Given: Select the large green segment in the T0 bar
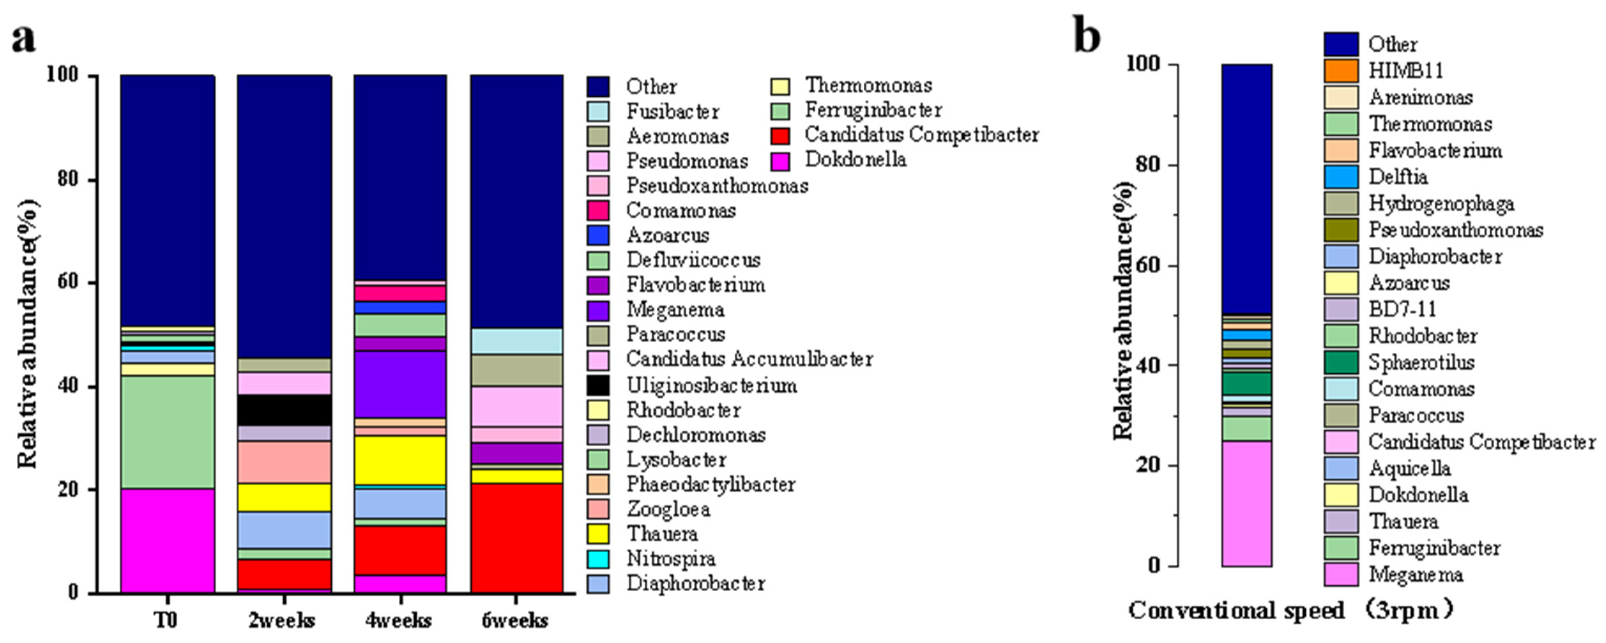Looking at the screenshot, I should click(167, 432).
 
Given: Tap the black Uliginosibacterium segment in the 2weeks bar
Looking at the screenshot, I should click(284, 410).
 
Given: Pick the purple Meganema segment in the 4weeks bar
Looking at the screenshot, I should click(400, 384).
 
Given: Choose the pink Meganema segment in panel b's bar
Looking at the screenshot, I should click(1246, 504).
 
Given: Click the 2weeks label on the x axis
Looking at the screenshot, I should click(282, 621).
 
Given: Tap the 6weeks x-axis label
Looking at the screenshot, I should click(515, 621).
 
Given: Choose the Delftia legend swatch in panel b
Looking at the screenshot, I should click(1341, 177).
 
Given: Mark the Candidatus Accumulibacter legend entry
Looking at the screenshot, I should click(749, 359).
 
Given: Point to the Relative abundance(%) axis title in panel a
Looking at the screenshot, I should click(28, 333).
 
